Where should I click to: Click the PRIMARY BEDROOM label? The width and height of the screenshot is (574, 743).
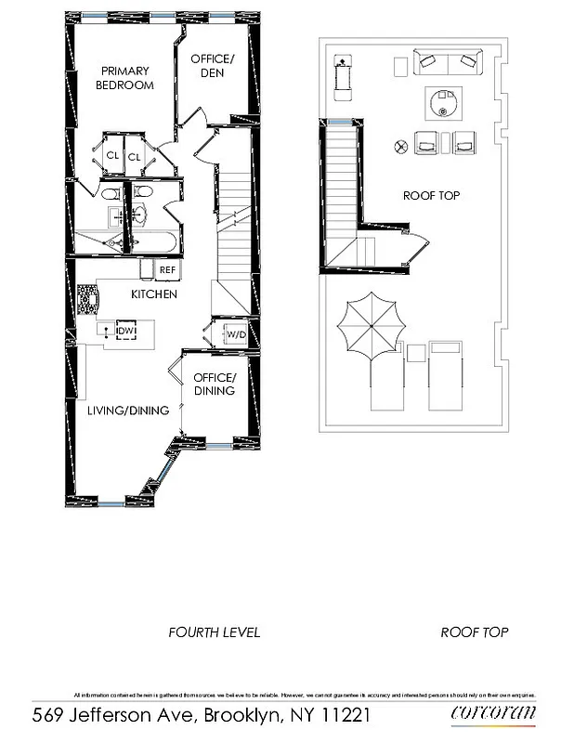126,78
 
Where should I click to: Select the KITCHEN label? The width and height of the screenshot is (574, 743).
153,294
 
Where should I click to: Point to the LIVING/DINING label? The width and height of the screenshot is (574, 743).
128,411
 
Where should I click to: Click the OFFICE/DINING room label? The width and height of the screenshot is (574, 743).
215,384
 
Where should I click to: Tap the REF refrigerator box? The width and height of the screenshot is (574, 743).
167,269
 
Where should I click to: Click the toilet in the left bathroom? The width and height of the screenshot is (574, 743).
109,194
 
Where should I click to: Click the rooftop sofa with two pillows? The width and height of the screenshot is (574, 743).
450,62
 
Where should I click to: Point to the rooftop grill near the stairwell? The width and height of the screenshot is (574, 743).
342,72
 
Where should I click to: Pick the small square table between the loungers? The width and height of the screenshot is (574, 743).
415,352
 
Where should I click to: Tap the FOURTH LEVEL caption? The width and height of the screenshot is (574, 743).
214,632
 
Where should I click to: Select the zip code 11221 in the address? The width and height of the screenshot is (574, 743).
343,715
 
